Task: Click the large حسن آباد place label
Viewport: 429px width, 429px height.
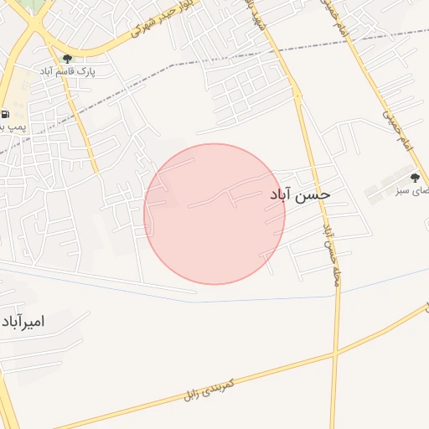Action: tap(300, 194)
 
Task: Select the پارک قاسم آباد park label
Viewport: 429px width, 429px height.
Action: tap(68, 72)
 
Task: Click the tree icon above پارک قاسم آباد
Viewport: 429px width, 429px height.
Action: tap(68, 59)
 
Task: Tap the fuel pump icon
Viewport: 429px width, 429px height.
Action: tap(6, 114)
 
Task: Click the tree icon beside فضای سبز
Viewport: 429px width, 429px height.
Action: tap(414, 177)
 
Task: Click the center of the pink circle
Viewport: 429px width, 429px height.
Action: tap(214, 214)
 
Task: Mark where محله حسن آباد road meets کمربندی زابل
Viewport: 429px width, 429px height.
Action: tap(337, 355)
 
